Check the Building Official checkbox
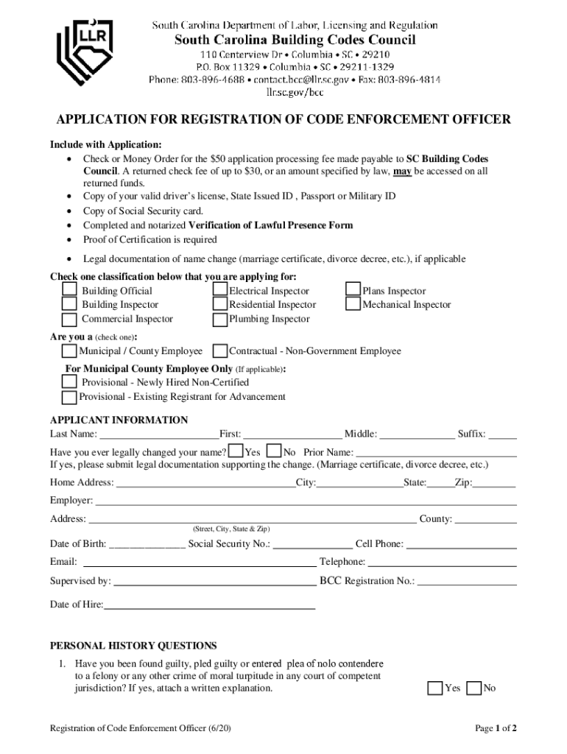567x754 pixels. click(69, 291)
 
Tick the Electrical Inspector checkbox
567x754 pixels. click(220, 291)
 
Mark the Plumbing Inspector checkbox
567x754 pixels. click(220, 320)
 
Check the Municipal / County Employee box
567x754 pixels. click(69, 351)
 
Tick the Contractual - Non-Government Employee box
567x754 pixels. click(219, 351)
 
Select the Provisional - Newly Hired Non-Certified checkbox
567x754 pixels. click(69, 382)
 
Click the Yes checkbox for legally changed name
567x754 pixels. click(236, 451)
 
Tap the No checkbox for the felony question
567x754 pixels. click(474, 688)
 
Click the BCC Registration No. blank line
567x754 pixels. click(467, 582)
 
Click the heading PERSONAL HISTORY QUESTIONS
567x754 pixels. click(133, 646)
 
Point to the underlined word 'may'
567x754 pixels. click(402, 171)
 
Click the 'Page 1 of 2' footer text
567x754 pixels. click(496, 728)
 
